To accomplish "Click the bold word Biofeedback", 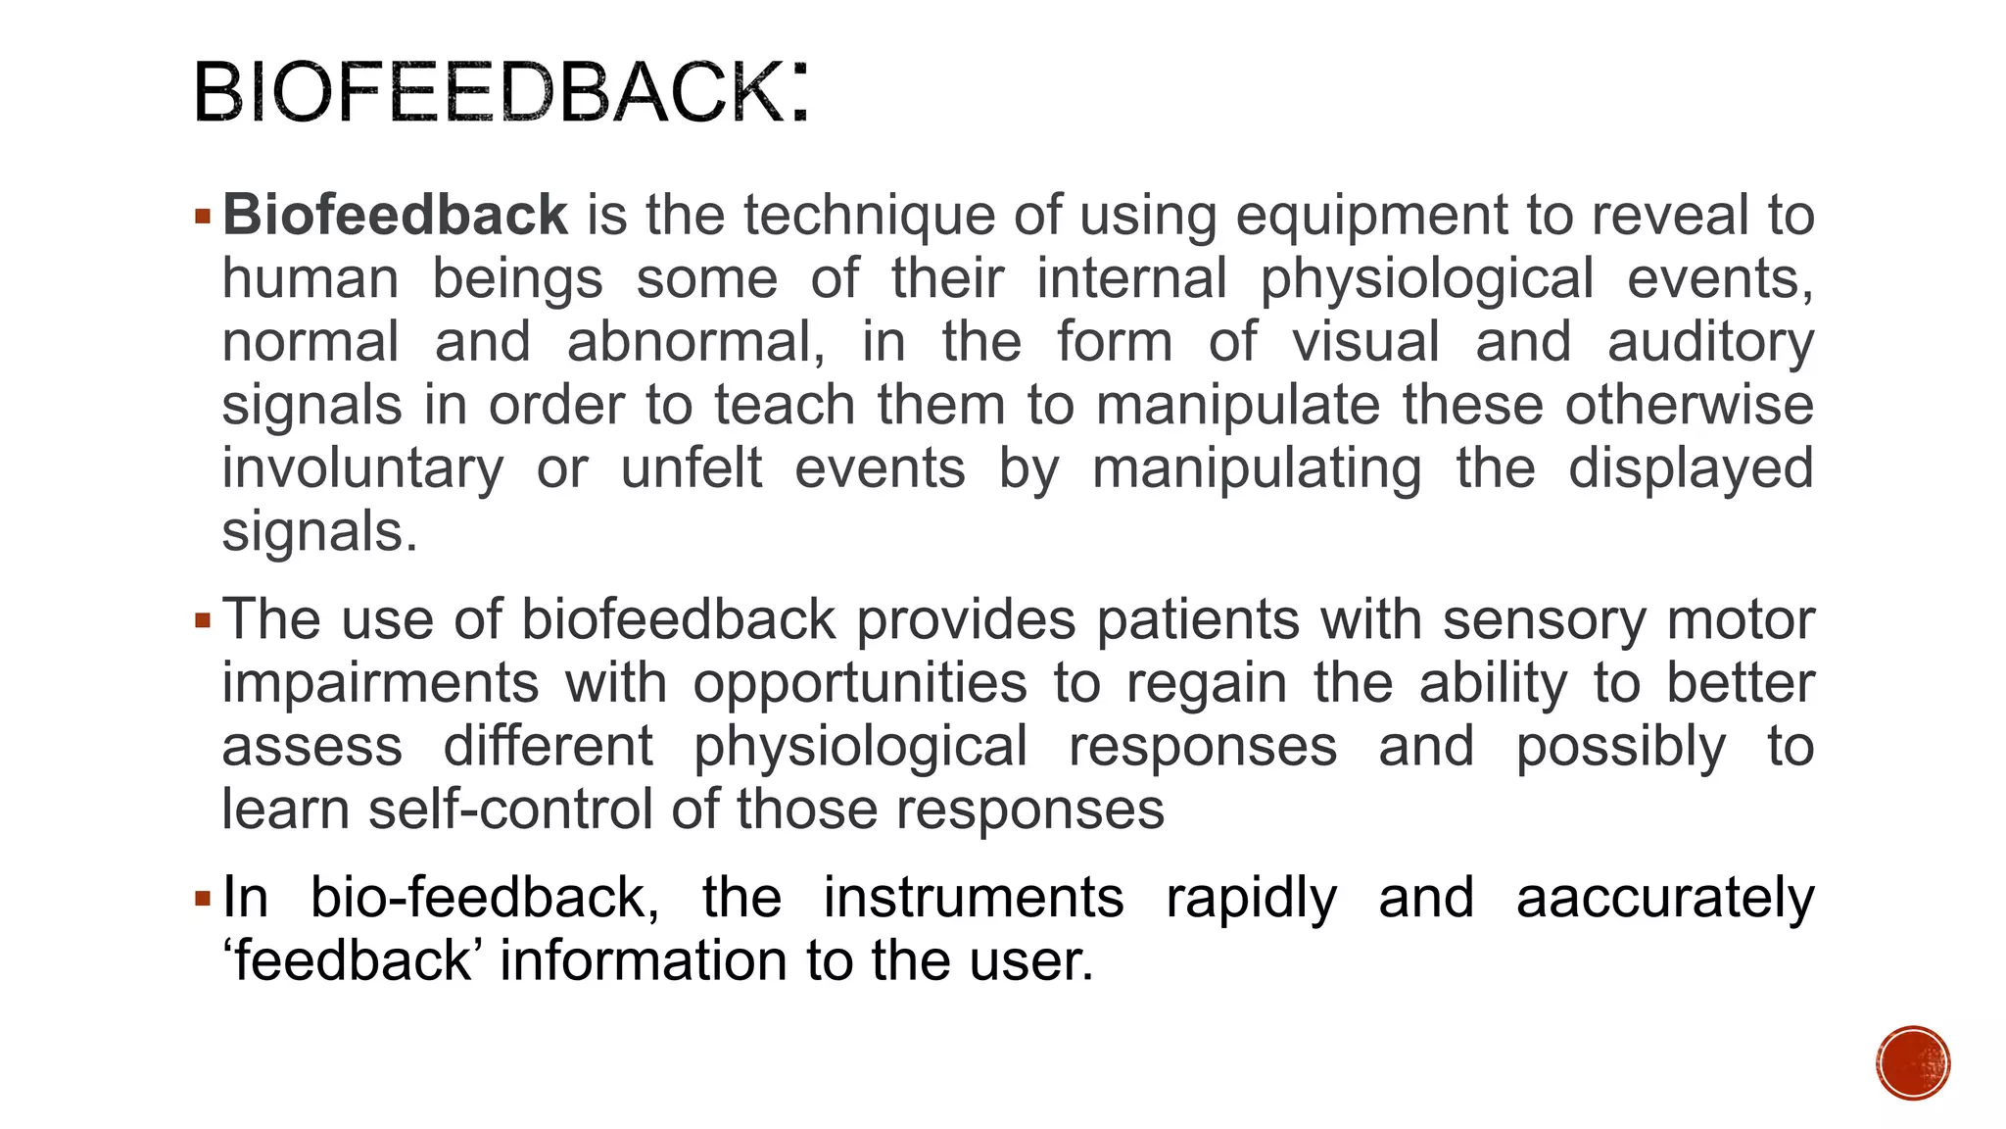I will pyautogui.click(x=395, y=215).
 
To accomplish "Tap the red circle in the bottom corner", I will pyautogui.click(x=1913, y=1063).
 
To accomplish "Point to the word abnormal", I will pyautogui.click(x=695, y=342).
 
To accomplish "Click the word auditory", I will pyautogui.click(x=1710, y=342).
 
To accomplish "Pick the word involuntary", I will pyautogui.click(x=362, y=468).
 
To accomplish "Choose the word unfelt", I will pyautogui.click(x=691, y=468).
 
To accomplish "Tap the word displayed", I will pyautogui.click(x=1691, y=468).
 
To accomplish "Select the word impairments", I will pyautogui.click(x=380, y=683).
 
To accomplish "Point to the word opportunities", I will pyautogui.click(x=860, y=683).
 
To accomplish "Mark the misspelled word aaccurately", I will pyautogui.click(x=1665, y=898).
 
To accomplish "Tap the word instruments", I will pyautogui.click(x=973, y=898).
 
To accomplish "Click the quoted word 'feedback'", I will pyautogui.click(x=353, y=960).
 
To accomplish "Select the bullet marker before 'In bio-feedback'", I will pyautogui.click(x=203, y=898).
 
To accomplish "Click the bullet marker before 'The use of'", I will pyautogui.click(x=203, y=620).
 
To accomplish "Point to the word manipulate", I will pyautogui.click(x=1237, y=406).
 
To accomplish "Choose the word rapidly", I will pyautogui.click(x=1251, y=898).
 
